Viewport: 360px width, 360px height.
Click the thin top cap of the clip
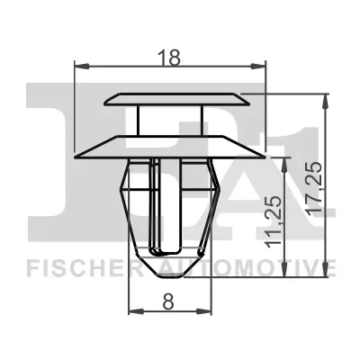click(x=175, y=98)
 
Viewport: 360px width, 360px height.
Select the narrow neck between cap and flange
click(x=170, y=120)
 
